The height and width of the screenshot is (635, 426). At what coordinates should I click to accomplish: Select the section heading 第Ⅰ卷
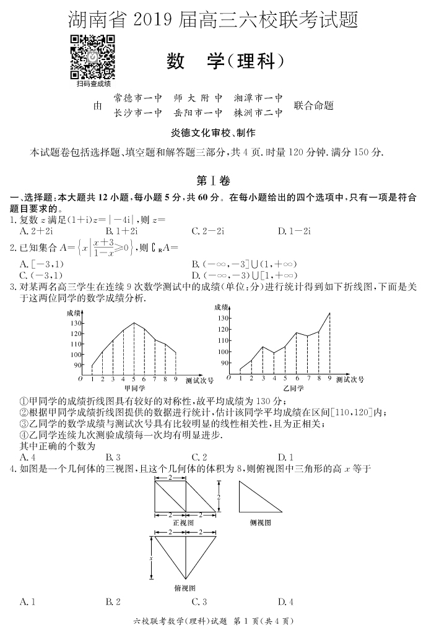pos(213,181)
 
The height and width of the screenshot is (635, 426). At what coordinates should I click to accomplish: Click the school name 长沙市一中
pos(137,113)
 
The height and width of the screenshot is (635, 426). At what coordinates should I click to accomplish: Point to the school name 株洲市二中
pos(258,113)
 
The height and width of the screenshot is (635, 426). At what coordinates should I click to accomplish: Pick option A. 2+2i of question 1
pos(35,231)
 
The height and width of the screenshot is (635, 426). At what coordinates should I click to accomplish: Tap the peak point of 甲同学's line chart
pos(134,322)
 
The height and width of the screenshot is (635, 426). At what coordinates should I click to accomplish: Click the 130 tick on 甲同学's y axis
pos(76,323)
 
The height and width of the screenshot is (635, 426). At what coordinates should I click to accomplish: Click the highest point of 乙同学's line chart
pos(329,313)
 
